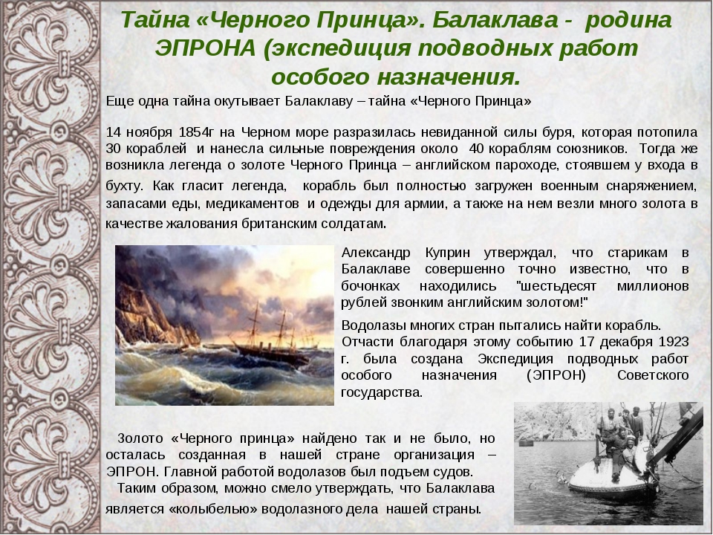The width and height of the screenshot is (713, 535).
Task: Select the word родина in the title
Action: point(628,21)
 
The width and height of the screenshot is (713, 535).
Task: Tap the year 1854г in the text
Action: point(196,132)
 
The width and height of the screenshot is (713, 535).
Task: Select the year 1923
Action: point(673,342)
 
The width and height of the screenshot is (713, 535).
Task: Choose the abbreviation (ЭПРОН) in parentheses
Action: point(556,376)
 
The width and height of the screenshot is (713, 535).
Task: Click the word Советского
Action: point(653,376)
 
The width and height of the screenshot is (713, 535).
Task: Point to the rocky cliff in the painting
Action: point(150,305)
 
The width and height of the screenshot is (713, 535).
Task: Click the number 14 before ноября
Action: point(114,132)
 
